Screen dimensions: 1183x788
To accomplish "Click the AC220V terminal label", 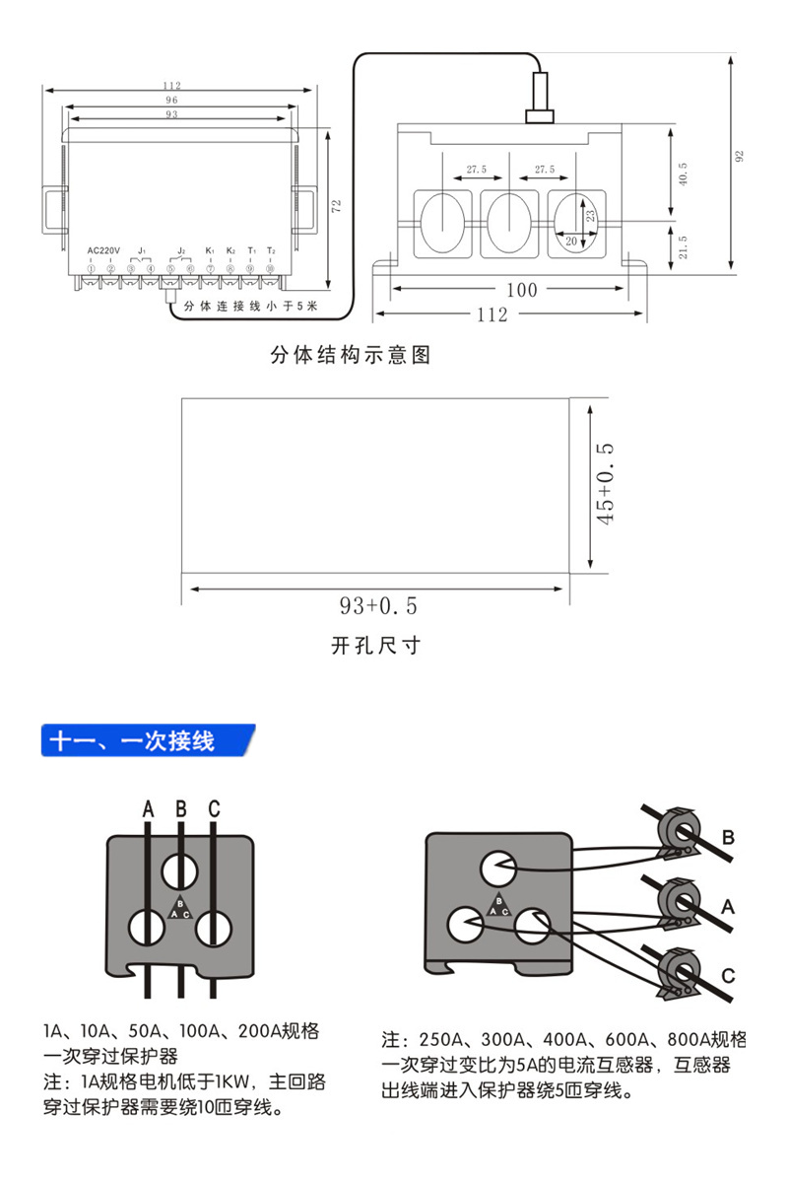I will pyautogui.click(x=103, y=250).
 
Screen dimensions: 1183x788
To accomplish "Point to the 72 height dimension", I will pyautogui.click(x=337, y=206).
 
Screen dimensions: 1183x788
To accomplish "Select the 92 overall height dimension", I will pyautogui.click(x=740, y=158).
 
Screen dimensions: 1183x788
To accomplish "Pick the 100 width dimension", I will pyautogui.click(x=521, y=290).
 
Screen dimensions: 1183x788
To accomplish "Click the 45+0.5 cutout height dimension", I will pyautogui.click(x=607, y=482).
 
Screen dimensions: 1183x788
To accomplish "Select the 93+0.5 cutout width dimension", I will pyautogui.click(x=378, y=603).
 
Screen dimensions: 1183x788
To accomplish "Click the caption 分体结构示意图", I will pyautogui.click(x=351, y=355).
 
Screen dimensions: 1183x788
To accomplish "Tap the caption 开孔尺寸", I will pyautogui.click(x=375, y=646).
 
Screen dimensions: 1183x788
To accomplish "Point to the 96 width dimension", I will pyautogui.click(x=171, y=101).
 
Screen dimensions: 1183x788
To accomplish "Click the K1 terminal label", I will pyautogui.click(x=210, y=250).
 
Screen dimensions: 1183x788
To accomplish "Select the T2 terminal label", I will pyautogui.click(x=270, y=250).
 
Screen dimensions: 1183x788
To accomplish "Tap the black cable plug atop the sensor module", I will pyautogui.click(x=541, y=95).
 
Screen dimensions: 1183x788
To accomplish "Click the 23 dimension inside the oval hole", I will pyautogui.click(x=589, y=214).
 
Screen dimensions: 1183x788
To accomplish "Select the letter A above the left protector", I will pyautogui.click(x=148, y=809).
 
